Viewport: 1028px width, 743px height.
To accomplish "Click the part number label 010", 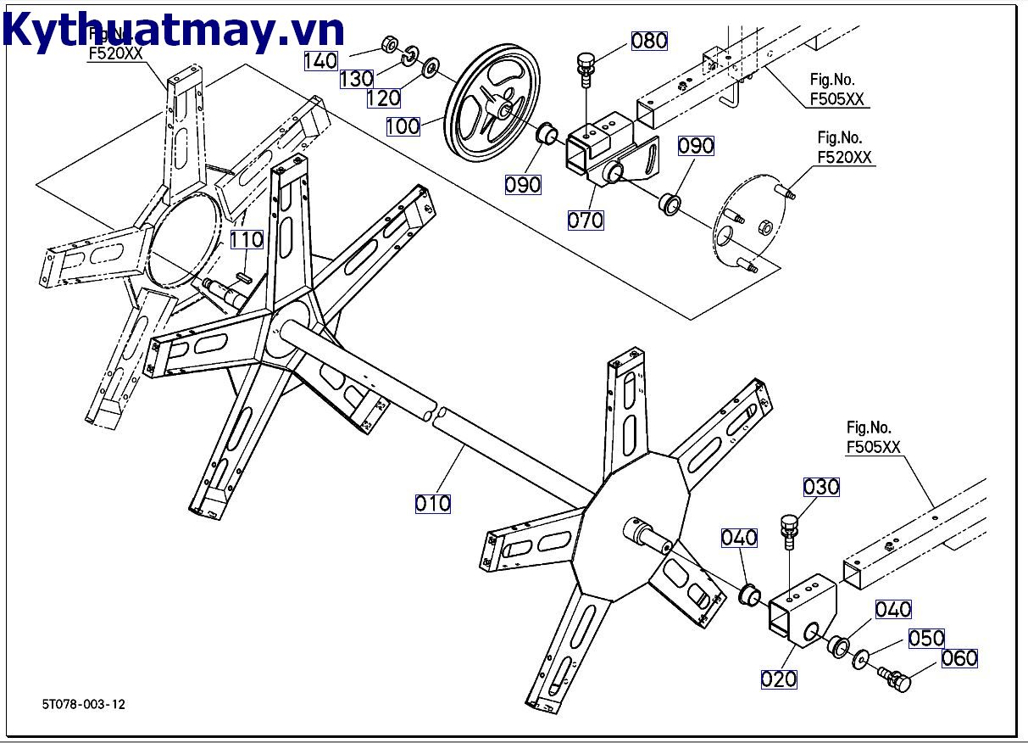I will (432, 503).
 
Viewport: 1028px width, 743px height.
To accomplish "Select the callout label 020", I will (778, 679).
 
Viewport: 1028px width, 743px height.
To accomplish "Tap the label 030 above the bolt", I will (821, 487).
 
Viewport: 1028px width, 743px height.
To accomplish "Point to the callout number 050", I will (926, 638).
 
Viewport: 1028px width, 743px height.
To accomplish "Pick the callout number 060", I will (959, 658).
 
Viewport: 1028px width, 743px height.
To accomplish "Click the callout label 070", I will (585, 220).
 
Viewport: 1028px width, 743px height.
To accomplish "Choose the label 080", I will (649, 41).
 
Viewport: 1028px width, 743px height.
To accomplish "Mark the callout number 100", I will (403, 126).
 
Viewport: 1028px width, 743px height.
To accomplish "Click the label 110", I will (247, 239).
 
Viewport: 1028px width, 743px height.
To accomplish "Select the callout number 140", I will (321, 60).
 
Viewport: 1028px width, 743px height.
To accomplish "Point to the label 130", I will (356, 79).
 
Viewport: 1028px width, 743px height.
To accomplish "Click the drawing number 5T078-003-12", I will (84, 704).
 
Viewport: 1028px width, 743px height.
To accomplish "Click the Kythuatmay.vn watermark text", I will (174, 31).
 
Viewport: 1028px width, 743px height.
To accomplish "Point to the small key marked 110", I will (244, 276).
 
